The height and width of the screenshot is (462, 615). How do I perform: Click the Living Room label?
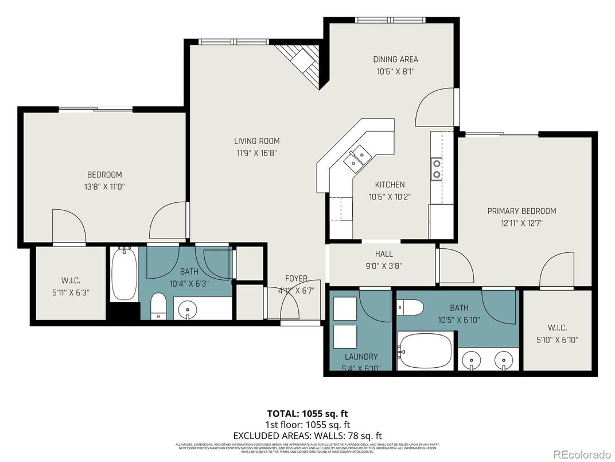pyautogui.click(x=256, y=141)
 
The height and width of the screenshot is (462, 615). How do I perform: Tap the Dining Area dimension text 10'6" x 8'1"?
pyautogui.click(x=396, y=72)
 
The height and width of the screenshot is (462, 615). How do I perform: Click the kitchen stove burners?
pyautogui.click(x=437, y=168)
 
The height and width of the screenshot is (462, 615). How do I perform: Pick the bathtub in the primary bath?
pyautogui.click(x=425, y=351)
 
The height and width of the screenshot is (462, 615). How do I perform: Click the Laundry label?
pyautogui.click(x=361, y=356)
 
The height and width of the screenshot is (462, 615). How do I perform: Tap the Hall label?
pyautogui.click(x=384, y=253)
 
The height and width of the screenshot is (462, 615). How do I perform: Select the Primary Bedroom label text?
pyautogui.click(x=521, y=211)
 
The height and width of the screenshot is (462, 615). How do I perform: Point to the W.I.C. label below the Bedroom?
pyautogui.click(x=71, y=280)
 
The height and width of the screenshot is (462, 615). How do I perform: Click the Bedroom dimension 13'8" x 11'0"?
pyautogui.click(x=104, y=186)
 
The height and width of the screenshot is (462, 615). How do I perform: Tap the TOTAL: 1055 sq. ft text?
pyautogui.click(x=307, y=413)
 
